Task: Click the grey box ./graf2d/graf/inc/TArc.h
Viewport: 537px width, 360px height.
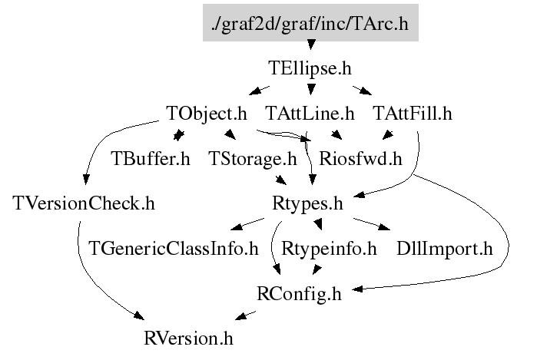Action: click(x=310, y=25)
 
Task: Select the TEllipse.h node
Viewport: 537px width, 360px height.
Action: click(x=310, y=68)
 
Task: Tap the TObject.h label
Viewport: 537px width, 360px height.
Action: click(x=207, y=114)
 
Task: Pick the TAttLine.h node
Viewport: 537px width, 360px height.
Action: click(x=310, y=114)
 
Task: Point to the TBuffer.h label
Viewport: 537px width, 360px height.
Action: click(x=151, y=159)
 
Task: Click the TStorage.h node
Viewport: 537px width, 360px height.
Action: click(x=252, y=159)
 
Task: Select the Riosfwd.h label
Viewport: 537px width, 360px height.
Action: click(x=361, y=159)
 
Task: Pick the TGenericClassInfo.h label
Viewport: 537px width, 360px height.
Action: click(x=173, y=249)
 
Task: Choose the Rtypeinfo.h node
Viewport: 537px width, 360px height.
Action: click(x=329, y=249)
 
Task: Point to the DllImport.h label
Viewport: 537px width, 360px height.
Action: click(x=444, y=249)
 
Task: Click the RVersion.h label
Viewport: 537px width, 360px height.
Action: click(x=188, y=338)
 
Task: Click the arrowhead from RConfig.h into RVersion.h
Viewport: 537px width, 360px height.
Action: click(x=241, y=315)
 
